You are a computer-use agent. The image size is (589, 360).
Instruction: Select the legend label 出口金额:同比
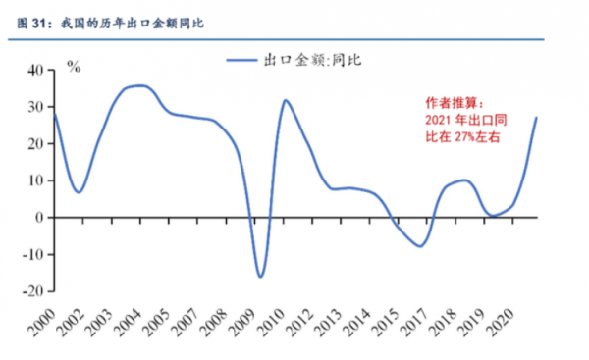point(306,61)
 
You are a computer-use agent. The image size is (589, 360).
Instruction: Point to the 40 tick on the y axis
point(34,71)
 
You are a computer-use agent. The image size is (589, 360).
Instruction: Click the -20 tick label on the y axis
point(32,291)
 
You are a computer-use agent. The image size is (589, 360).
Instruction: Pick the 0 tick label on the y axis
point(40,218)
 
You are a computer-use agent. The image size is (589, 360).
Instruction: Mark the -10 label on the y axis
point(32,255)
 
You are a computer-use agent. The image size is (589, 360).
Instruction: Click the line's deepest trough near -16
point(260,277)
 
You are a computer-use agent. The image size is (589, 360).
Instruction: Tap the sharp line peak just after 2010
point(286,100)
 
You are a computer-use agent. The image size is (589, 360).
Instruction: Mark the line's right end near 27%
point(536,118)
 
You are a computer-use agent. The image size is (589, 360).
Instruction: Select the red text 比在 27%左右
point(461,138)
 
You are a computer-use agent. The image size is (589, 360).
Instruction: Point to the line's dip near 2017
point(420,246)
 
